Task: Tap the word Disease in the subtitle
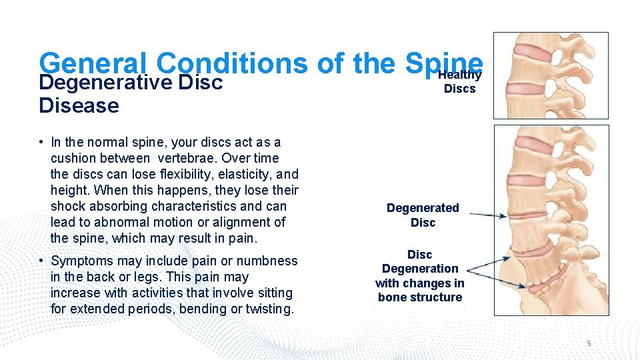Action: [x=79, y=105]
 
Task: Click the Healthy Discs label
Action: [x=459, y=82]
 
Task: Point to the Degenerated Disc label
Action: [x=423, y=215]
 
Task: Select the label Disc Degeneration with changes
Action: [x=420, y=275]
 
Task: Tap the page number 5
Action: [x=589, y=343]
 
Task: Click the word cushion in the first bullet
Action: [x=74, y=158]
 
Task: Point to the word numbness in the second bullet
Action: [x=269, y=261]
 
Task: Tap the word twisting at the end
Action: [x=269, y=309]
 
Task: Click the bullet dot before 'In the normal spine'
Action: [x=41, y=142]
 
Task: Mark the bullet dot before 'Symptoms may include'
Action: [x=41, y=261]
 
